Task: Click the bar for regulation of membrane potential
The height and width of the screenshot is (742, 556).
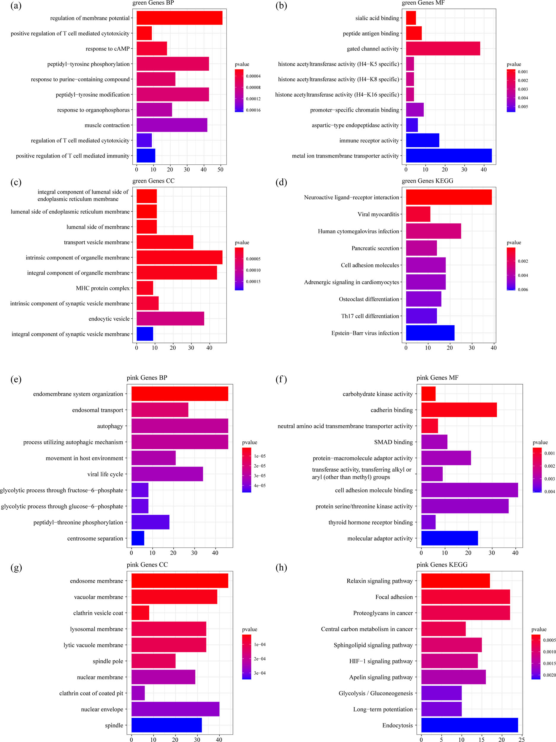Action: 179,18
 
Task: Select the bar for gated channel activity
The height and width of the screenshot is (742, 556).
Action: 443,48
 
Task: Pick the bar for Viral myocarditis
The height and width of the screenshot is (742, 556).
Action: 418,214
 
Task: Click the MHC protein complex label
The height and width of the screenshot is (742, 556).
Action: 102,288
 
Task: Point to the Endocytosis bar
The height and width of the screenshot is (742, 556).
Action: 469,725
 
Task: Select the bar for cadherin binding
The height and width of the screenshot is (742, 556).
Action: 458,410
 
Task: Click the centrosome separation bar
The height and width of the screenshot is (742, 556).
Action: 137,538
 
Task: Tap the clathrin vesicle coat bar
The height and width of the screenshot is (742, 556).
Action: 140,613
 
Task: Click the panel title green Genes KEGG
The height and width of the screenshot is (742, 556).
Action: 427,181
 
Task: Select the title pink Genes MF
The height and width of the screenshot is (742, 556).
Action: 437,378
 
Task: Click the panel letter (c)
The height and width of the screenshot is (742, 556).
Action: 16,182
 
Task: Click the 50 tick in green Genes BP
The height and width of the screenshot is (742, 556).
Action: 220,170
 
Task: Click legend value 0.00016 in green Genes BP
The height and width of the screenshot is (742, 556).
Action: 253,110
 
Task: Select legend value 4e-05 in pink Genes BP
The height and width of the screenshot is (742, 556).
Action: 259,485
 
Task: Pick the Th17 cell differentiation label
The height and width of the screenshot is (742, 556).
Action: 370,316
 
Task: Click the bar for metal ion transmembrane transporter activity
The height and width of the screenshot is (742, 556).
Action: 448,155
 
